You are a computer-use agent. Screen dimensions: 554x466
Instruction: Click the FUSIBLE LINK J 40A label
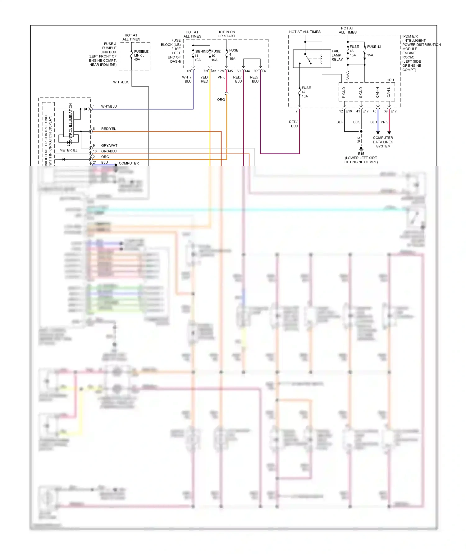pyautogui.click(x=141, y=56)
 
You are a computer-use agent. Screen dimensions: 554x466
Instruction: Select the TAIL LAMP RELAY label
pyautogui.click(x=337, y=55)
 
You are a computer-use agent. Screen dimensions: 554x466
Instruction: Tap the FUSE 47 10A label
pyautogui.click(x=306, y=92)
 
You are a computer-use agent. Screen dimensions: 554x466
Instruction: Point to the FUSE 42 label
pyautogui.click(x=374, y=47)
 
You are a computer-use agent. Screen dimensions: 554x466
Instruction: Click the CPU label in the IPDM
pyautogui.click(x=390, y=80)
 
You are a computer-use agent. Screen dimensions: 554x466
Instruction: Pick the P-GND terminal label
pyautogui.click(x=344, y=92)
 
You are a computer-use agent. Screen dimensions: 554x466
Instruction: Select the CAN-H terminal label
pyautogui.click(x=378, y=92)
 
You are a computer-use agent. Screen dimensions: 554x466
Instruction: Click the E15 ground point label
pyautogui.click(x=361, y=154)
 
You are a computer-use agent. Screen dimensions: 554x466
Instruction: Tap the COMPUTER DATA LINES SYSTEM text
pyautogui.click(x=383, y=142)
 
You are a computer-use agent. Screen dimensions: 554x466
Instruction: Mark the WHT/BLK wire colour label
pyautogui.click(x=121, y=82)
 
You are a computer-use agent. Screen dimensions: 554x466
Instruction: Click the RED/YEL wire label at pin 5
pyautogui.click(x=108, y=129)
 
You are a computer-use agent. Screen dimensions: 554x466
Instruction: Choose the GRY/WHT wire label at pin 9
pyautogui.click(x=109, y=146)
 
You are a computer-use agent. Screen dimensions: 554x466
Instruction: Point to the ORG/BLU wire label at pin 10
pyautogui.click(x=109, y=151)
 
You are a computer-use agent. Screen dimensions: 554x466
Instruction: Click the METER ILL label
pyautogui.click(x=68, y=150)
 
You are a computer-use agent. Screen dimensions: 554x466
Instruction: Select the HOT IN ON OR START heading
pyautogui.click(x=226, y=34)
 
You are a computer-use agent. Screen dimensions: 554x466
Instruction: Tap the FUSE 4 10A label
pyautogui.click(x=233, y=54)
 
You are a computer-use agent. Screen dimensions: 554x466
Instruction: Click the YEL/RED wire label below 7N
pyautogui.click(x=204, y=79)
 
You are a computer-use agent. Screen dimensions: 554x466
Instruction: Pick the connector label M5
pyautogui.click(x=231, y=71)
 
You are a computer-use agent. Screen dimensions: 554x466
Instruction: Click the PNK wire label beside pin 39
pyautogui.click(x=384, y=122)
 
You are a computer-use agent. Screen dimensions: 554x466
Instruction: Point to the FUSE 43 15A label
pyautogui.click(x=354, y=51)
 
